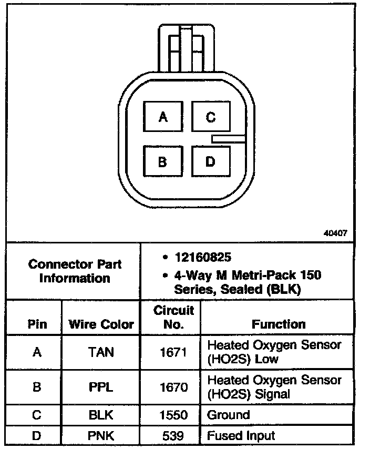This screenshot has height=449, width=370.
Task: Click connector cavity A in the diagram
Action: [x=163, y=116]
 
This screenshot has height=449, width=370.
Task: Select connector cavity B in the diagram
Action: [x=163, y=161]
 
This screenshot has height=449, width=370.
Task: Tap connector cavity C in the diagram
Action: [x=210, y=116]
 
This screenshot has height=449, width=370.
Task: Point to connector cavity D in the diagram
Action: [x=210, y=161]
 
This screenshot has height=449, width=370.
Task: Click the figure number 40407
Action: [x=335, y=233]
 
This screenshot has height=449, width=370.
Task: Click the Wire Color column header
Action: [x=101, y=324]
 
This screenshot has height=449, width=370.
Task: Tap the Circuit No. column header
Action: [x=173, y=318]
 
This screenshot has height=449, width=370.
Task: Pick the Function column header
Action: [x=278, y=324]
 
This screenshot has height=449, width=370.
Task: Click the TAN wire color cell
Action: [x=101, y=352]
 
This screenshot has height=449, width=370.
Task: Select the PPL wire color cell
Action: [x=101, y=387]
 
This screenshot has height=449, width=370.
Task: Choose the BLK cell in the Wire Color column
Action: [x=101, y=415]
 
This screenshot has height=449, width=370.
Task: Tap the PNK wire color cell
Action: [x=101, y=436]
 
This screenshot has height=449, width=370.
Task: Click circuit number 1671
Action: [x=173, y=352]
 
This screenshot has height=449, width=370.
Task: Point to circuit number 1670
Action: [x=173, y=387]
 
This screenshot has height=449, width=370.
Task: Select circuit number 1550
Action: [x=173, y=415]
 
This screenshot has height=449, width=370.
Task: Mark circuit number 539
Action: [x=173, y=436]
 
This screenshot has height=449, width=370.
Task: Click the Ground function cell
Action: [x=229, y=415]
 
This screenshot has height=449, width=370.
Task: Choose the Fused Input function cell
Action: [x=241, y=436]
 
